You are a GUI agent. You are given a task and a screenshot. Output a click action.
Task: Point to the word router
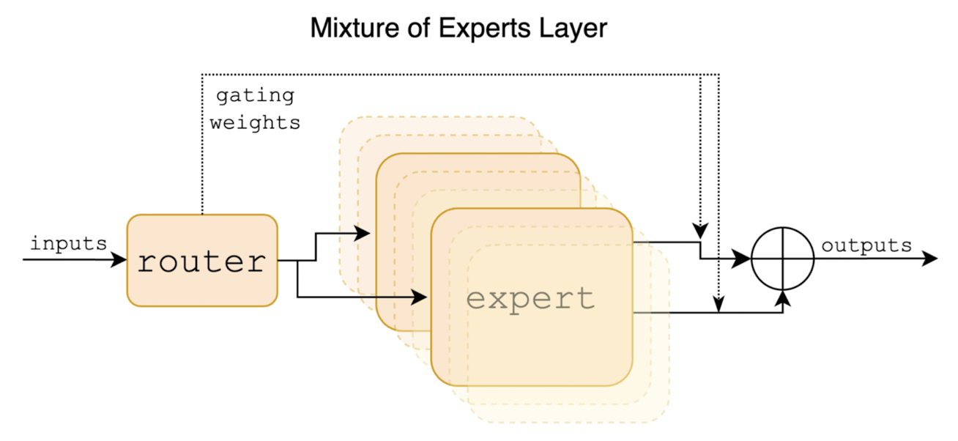[x=202, y=262]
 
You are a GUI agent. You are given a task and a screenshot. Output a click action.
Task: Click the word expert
[x=530, y=299]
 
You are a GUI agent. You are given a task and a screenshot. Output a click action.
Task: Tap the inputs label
[x=68, y=243]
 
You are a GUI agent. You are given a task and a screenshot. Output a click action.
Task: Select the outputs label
[x=866, y=245]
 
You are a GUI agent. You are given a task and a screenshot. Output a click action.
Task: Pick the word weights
[x=255, y=122]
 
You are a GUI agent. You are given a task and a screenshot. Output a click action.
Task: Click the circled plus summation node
[x=783, y=259]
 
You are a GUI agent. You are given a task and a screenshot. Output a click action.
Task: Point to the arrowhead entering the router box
[x=120, y=259]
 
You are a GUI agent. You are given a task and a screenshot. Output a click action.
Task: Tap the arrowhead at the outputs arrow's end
[x=931, y=259]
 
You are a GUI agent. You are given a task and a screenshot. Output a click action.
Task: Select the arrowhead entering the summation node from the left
[x=745, y=259]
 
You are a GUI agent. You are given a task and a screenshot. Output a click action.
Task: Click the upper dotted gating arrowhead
[x=701, y=230]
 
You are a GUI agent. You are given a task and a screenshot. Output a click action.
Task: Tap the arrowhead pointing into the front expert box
[x=420, y=297]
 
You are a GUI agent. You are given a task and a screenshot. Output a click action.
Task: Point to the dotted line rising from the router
[x=201, y=147]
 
